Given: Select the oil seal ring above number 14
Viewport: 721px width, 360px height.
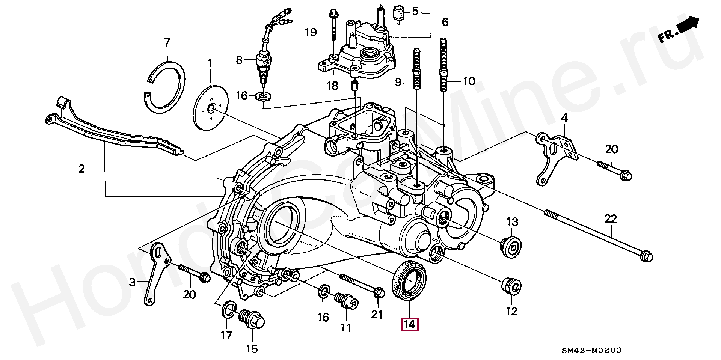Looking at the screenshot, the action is [409, 280].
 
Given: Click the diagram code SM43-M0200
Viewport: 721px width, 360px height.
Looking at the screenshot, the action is [591, 350].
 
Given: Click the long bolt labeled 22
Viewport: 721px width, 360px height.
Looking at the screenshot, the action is [599, 235].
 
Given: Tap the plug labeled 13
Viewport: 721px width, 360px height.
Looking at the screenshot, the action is [512, 247].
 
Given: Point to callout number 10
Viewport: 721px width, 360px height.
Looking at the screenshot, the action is [469, 81].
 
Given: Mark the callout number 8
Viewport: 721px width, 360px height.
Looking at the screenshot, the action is [240, 60].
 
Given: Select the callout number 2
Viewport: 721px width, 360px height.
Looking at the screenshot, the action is [82, 169].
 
